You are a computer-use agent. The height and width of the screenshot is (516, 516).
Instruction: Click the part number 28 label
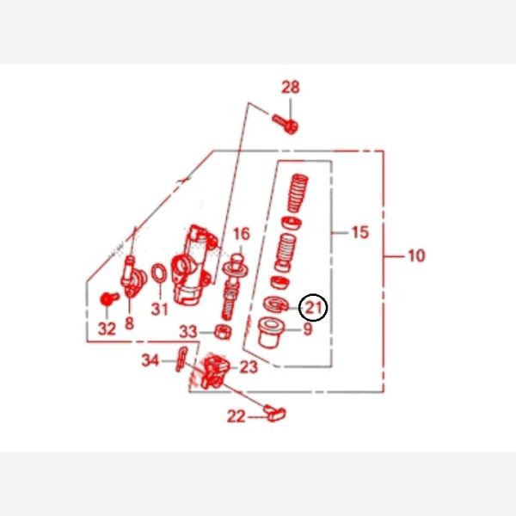(291, 87)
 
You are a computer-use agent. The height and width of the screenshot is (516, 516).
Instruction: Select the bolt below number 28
(286, 124)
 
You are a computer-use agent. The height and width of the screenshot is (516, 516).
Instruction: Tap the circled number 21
(313, 307)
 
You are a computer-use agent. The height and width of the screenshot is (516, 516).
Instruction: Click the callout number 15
(360, 232)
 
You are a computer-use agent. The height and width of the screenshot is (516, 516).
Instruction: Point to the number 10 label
(416, 255)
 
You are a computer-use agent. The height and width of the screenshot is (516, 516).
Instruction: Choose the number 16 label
(242, 234)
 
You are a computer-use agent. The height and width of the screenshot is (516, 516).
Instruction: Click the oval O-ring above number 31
(159, 273)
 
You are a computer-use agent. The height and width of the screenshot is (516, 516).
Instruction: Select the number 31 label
(160, 309)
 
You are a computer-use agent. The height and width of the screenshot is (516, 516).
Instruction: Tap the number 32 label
(107, 329)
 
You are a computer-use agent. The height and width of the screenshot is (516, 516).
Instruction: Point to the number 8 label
(129, 323)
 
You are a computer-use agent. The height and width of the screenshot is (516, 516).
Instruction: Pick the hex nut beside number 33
(223, 332)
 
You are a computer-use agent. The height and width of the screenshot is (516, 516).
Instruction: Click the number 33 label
(188, 332)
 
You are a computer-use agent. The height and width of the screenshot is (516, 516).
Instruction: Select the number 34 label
(150, 360)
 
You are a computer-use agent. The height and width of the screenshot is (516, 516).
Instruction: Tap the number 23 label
(249, 367)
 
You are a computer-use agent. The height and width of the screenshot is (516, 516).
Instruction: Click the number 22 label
(236, 416)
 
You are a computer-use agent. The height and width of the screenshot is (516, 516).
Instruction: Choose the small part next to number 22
(275, 413)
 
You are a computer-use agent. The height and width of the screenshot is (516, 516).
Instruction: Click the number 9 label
(308, 329)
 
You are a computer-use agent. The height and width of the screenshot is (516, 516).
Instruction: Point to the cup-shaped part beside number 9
(271, 332)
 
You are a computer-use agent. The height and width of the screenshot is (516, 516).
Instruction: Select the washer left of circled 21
(276, 304)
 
